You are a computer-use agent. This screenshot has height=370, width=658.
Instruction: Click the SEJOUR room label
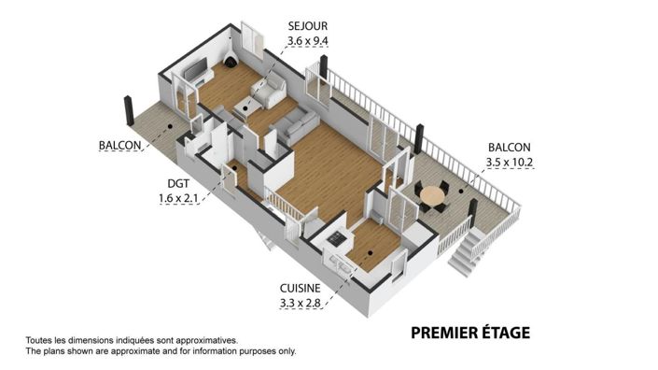point(308,26)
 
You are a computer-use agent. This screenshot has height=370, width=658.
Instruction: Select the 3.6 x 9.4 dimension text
point(308,41)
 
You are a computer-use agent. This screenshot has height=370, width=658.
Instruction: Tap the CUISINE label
point(300,288)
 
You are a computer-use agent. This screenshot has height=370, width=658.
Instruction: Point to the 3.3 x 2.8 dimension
point(300,303)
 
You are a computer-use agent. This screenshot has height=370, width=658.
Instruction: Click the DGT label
point(178,183)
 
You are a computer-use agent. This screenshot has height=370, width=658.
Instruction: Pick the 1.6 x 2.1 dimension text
point(178,198)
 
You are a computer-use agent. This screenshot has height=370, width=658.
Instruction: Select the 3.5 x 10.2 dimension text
point(510,163)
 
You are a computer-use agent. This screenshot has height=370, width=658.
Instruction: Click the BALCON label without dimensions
point(120,146)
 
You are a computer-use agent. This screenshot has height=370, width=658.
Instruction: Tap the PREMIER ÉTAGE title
point(470,333)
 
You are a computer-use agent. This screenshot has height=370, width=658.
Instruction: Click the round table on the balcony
point(433,195)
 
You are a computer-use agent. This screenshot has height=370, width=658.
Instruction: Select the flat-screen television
point(196,68)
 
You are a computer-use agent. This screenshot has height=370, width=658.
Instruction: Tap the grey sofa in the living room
point(295,124)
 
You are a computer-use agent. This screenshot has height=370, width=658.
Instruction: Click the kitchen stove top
point(337,239)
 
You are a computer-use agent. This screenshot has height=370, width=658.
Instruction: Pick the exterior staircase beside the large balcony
point(465,253)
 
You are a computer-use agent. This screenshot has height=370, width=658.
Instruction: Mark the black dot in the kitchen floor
point(371,253)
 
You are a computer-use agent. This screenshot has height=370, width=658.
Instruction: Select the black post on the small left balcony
point(129,110)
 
